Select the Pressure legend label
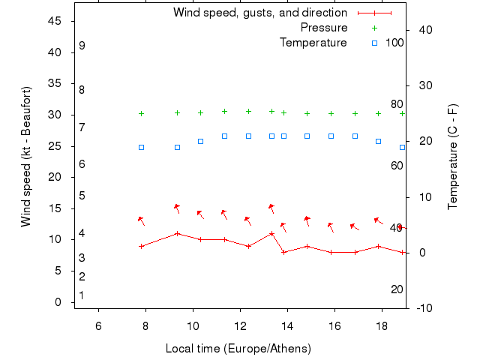point(324,28)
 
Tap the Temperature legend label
point(313,43)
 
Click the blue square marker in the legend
point(374,43)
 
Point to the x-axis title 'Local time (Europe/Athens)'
point(238,349)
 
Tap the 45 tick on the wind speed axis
point(55,21)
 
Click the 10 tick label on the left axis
point(55,239)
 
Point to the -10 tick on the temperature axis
point(422,308)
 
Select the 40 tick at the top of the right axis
point(422,29)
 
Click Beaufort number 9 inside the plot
point(82,46)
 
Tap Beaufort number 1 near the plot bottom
point(82,295)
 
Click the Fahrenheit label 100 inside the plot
point(394,43)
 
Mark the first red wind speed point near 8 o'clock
point(141,246)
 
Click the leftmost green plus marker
point(141,113)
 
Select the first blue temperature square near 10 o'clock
point(200,141)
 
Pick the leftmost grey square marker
point(141,147)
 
